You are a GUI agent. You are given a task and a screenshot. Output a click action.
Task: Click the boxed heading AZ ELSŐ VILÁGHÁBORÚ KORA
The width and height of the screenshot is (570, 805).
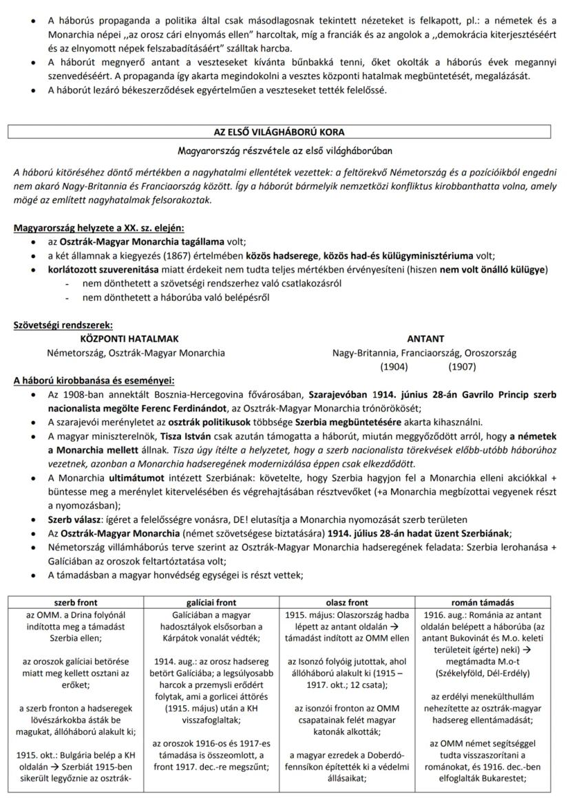284,131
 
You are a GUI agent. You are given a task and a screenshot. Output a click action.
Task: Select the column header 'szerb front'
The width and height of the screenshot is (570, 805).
76,601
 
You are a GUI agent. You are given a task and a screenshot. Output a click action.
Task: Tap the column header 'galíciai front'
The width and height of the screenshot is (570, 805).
211,601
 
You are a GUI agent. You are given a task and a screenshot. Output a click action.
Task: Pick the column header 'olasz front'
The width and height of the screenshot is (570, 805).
347,601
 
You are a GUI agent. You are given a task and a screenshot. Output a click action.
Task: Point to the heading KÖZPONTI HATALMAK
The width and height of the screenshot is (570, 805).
129,339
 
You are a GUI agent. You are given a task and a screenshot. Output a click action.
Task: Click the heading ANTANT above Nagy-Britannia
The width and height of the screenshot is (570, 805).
425,339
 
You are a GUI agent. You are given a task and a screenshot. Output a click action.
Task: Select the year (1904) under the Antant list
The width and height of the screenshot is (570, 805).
394,367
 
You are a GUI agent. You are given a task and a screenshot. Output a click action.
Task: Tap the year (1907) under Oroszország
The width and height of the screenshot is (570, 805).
462,367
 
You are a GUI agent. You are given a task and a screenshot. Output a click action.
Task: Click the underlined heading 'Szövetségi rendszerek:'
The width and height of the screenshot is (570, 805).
63,325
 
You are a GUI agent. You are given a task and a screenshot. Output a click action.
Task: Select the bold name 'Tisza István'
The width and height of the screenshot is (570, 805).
183,436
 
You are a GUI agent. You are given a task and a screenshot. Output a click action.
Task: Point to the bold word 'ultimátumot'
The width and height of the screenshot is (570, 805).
138,478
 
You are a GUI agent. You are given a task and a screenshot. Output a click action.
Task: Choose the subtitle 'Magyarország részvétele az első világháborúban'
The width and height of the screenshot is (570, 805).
284,150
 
